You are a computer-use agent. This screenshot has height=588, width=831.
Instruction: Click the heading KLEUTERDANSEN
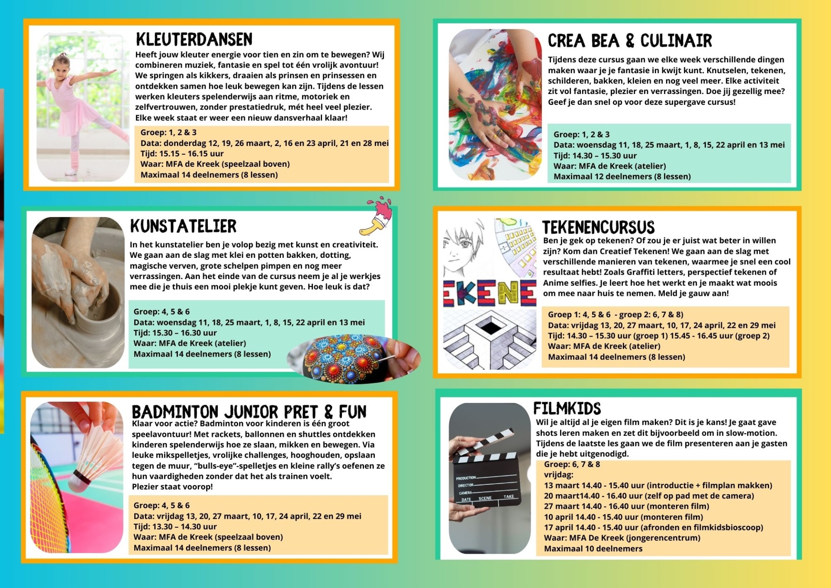point(194,39)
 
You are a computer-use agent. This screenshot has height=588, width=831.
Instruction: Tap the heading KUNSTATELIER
point(184,226)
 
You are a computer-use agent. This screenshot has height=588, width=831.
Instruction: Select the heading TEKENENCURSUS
point(598,227)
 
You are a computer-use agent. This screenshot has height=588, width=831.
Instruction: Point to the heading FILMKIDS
point(567,408)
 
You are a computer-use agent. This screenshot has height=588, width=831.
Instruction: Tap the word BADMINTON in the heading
point(175,412)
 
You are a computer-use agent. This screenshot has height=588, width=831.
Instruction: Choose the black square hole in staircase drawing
point(490,326)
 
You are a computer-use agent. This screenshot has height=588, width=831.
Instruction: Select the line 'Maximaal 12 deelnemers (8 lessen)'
point(622,177)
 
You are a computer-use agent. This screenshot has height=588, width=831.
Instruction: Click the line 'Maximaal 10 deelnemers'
point(593,549)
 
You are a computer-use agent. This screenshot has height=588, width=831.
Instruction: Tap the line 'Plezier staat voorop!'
point(172,487)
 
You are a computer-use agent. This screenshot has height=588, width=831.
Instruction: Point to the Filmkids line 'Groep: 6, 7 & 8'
point(572,465)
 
